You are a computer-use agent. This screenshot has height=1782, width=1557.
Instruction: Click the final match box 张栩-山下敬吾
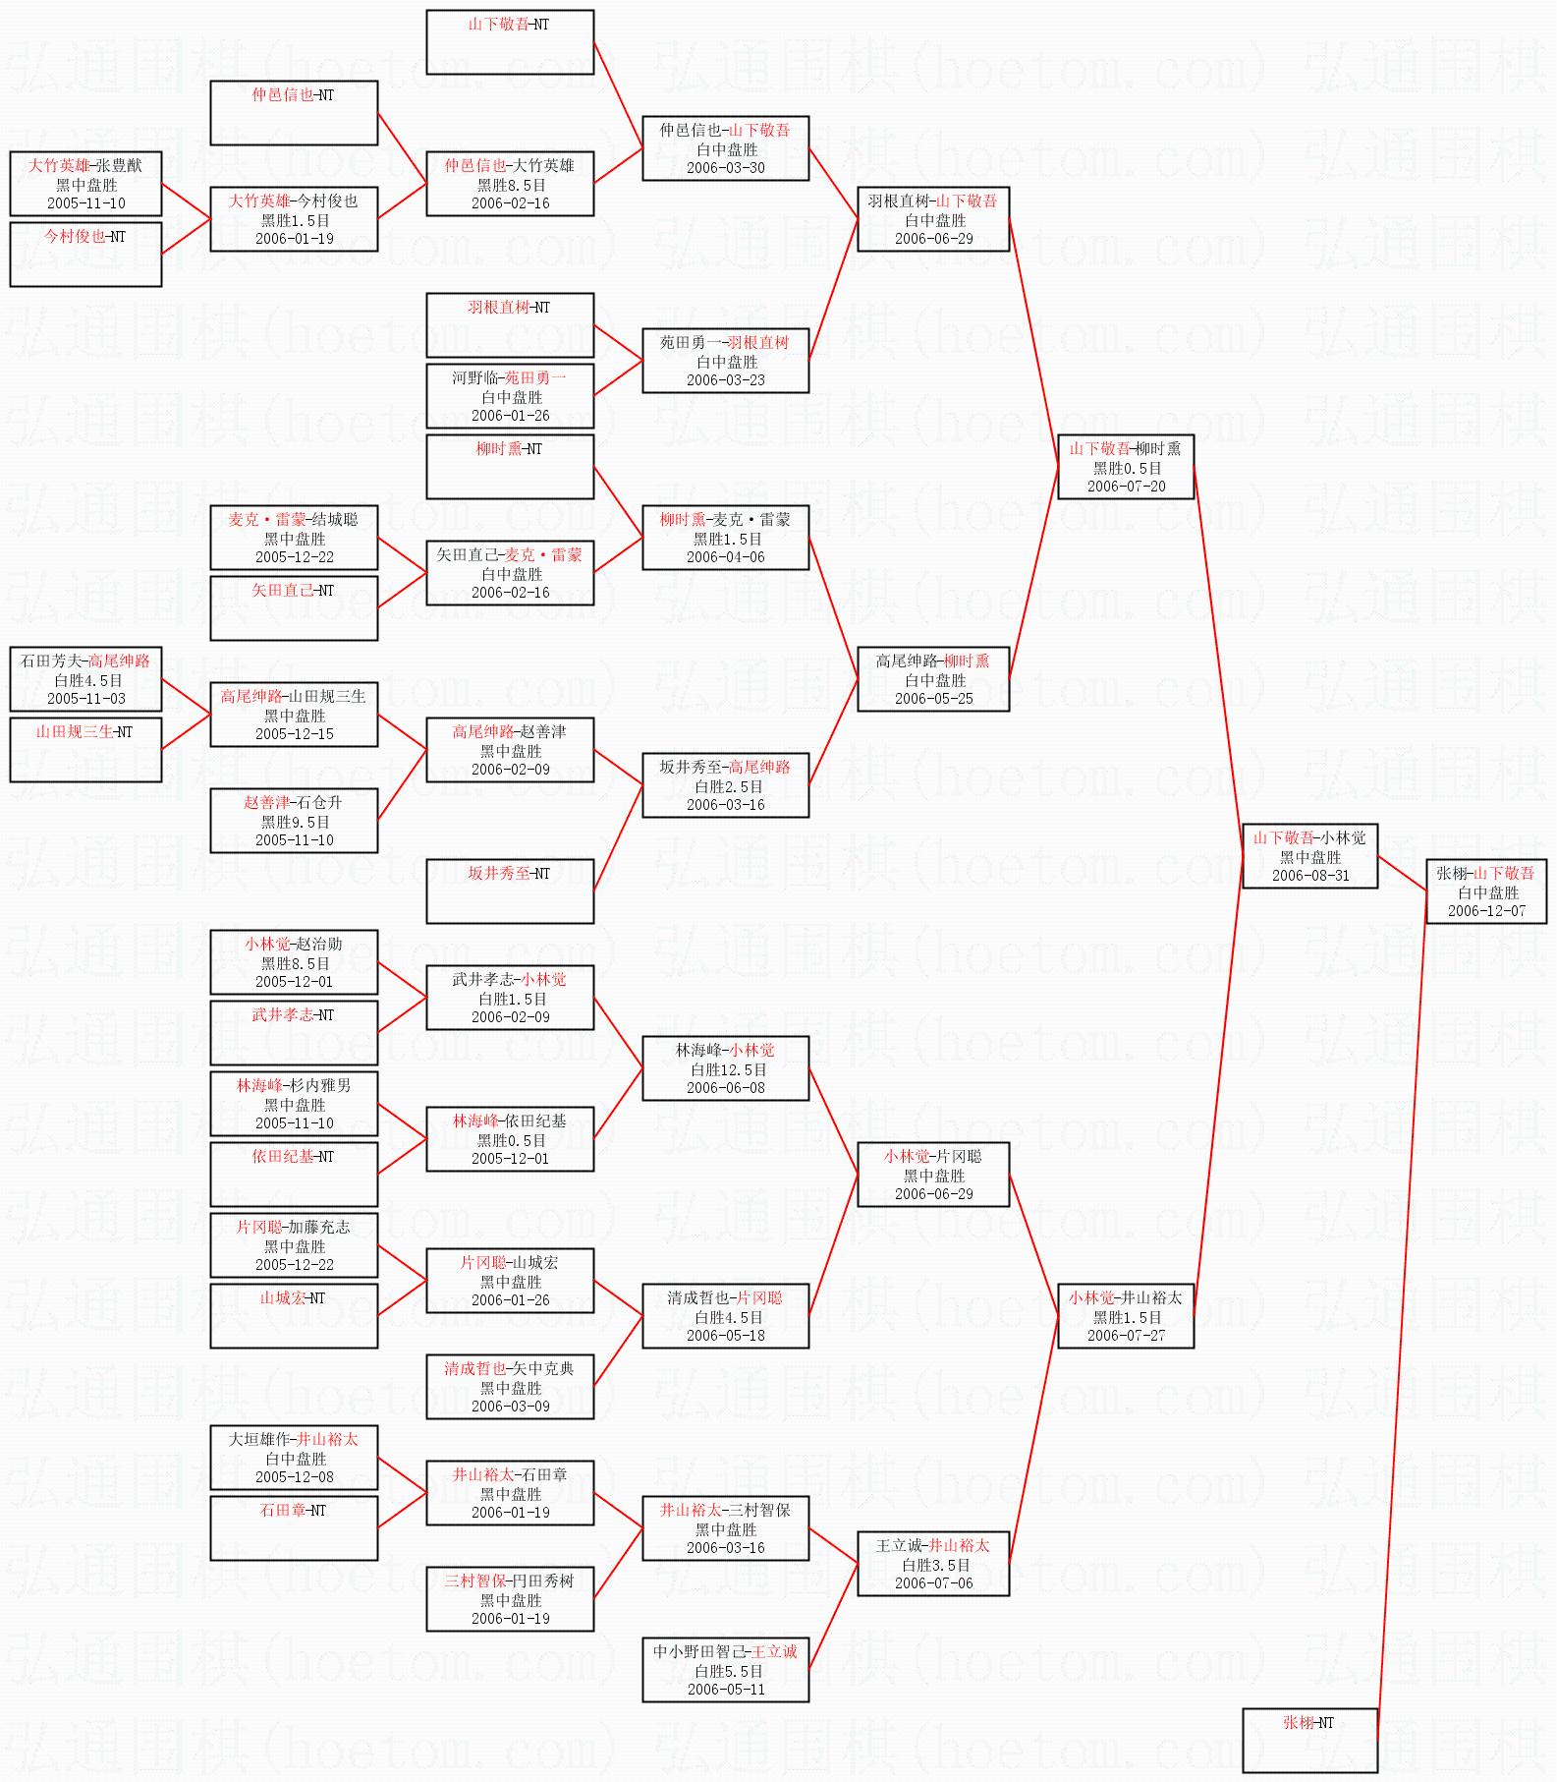coord(1486,891)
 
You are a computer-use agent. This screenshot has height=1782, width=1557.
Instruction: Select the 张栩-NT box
coord(1309,1741)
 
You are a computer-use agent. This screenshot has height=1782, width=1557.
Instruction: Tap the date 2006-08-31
coord(1310,876)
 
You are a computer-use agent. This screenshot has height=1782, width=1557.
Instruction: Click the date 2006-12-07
coord(1487,911)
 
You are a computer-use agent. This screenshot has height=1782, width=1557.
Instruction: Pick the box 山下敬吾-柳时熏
coord(1126,467)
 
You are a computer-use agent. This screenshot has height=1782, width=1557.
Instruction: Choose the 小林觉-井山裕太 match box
coord(1126,1316)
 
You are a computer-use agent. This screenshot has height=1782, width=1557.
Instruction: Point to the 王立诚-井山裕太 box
coord(933,1564)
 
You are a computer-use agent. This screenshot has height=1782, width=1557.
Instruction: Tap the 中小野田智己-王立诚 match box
coord(726,1670)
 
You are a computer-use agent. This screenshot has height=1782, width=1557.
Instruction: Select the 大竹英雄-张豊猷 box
coord(85,184)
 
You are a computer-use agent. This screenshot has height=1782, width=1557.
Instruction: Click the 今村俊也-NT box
coord(85,255)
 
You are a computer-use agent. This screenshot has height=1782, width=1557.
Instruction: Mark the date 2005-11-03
coord(86,699)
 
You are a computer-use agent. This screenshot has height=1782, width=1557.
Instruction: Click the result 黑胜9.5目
coord(295,822)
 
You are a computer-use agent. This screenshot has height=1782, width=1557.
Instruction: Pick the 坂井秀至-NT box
coord(510,891)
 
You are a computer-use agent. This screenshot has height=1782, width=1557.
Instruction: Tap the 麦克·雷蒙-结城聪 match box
coord(294,538)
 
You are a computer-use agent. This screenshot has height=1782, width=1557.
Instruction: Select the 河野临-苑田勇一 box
coord(510,396)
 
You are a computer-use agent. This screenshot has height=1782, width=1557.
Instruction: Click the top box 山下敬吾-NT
coord(510,42)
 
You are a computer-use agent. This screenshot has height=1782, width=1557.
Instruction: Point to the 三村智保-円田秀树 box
coord(510,1599)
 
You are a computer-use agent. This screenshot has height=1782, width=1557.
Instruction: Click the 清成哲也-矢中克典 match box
coord(510,1387)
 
